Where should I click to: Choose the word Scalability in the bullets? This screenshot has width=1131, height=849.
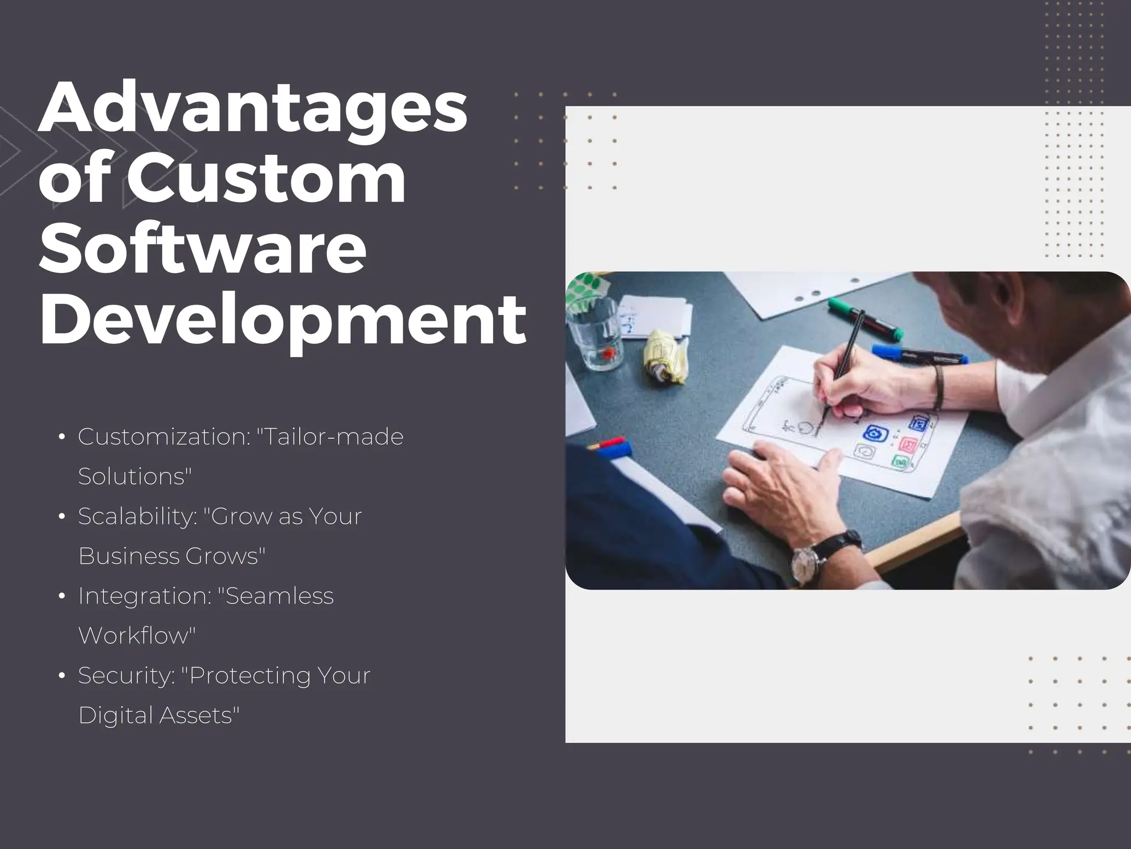click(x=138, y=516)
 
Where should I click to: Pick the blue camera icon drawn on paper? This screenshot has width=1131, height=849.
click(x=874, y=433)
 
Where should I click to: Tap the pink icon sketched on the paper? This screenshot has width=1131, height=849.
click(x=907, y=444)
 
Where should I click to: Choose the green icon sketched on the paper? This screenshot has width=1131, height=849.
click(x=900, y=462)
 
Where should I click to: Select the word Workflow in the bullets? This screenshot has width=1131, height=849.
click(x=137, y=636)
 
